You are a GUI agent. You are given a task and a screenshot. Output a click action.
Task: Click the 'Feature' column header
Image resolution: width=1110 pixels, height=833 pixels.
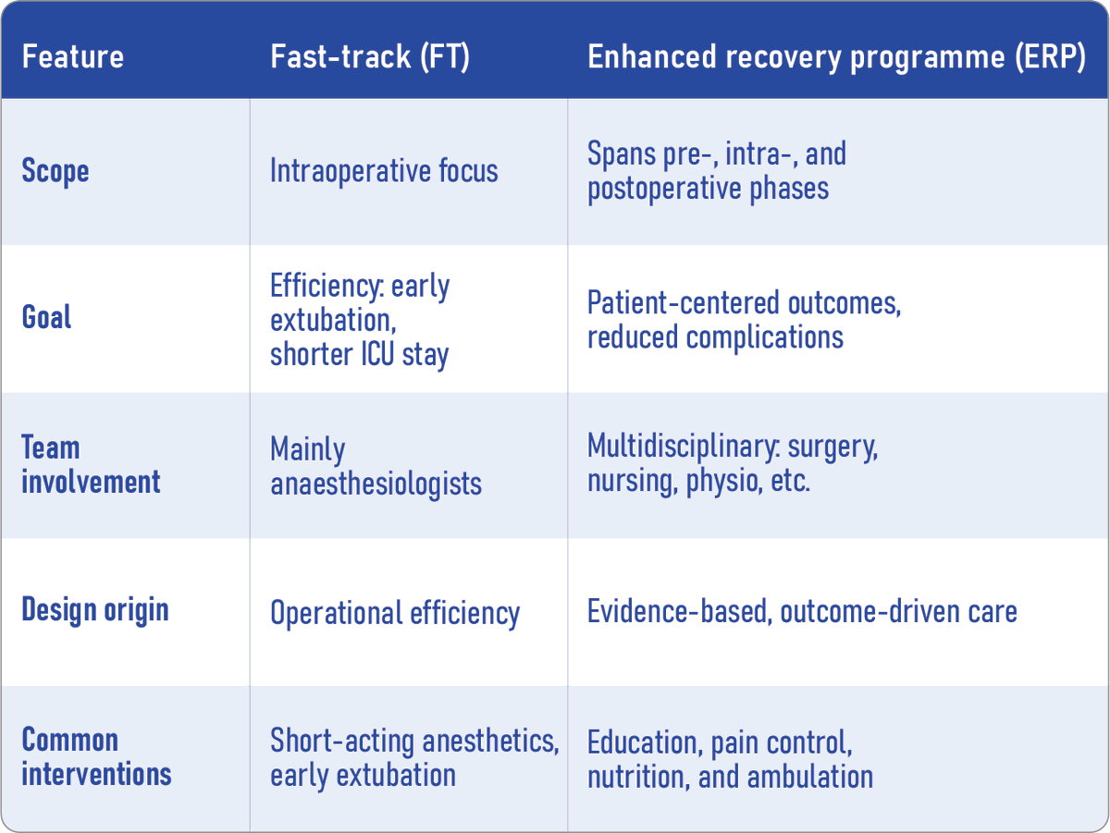(72, 57)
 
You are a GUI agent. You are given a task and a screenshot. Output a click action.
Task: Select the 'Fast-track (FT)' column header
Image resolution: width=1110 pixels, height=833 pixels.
(370, 57)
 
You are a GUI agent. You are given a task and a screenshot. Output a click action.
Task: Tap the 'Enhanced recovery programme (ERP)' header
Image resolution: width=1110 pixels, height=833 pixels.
(836, 57)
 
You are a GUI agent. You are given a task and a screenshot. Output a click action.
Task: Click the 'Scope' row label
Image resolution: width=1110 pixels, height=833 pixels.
(55, 171)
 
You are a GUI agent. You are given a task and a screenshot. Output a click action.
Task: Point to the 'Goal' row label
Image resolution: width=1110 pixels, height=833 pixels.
(47, 318)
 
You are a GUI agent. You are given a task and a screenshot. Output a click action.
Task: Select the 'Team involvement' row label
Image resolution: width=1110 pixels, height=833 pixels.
(91, 465)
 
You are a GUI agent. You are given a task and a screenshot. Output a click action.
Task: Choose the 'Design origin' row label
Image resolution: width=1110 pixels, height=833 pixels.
(95, 610)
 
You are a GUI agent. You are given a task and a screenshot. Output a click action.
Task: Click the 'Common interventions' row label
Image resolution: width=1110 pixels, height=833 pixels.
(96, 756)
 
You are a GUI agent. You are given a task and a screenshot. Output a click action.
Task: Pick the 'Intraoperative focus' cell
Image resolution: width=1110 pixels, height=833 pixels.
(384, 171)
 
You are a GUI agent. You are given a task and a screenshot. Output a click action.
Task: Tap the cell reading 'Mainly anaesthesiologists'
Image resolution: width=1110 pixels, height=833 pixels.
(376, 467)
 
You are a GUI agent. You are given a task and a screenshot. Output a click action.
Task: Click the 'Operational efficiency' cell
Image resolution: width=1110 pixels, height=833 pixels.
(395, 613)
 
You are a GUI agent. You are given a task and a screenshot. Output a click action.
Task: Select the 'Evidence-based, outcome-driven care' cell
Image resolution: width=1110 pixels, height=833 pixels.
(802, 611)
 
